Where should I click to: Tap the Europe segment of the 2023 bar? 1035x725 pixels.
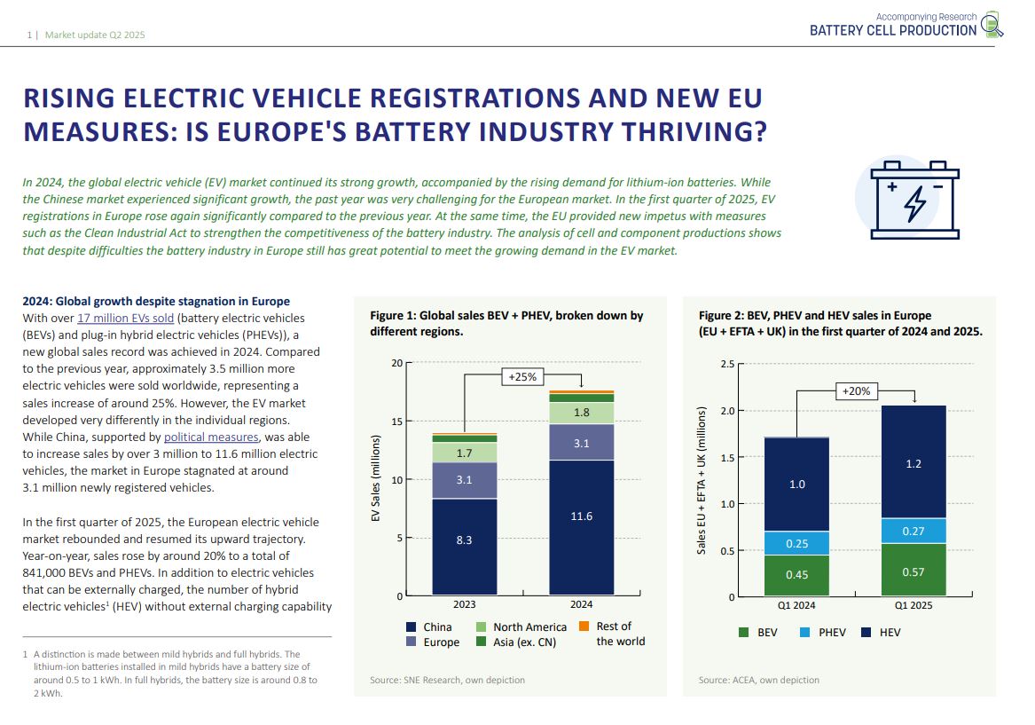tap(464, 480)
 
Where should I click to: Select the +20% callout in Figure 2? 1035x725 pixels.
tap(856, 390)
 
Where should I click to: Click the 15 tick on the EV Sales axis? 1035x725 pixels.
tap(396, 422)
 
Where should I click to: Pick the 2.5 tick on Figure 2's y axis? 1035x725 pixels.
tap(726, 364)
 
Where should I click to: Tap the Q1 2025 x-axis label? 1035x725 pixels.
tap(913, 605)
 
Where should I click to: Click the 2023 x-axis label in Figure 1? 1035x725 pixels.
tap(464, 604)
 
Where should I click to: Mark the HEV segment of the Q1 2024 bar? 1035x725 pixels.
tap(796, 485)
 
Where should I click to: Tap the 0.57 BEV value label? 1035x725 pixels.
tap(913, 572)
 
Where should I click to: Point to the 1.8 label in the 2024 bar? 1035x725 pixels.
tap(581, 413)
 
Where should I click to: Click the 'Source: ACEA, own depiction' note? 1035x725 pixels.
tap(758, 680)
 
